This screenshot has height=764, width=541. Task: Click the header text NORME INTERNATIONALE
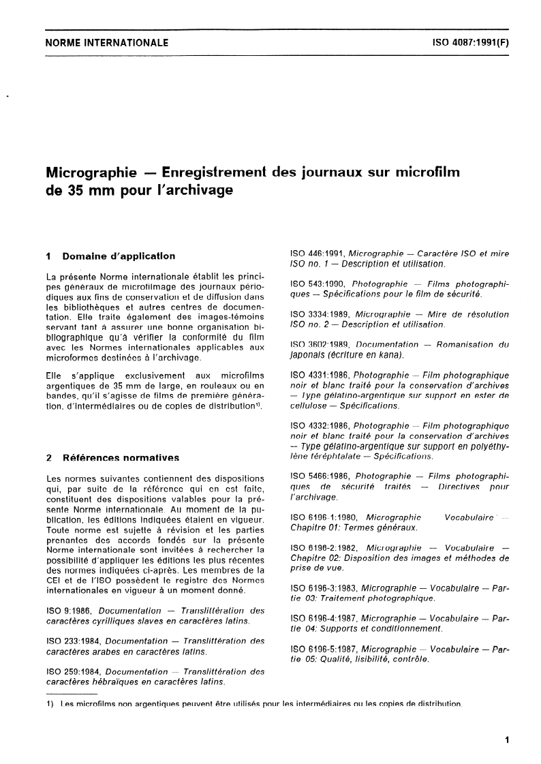pos(106,42)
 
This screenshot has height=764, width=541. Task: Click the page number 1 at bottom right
pos(508,740)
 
